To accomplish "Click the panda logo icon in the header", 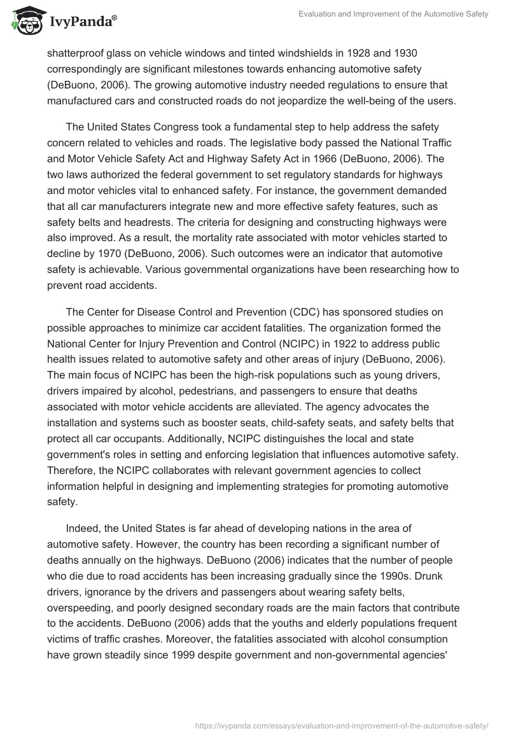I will (x=25, y=20).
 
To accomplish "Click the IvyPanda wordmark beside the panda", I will (x=81, y=22).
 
